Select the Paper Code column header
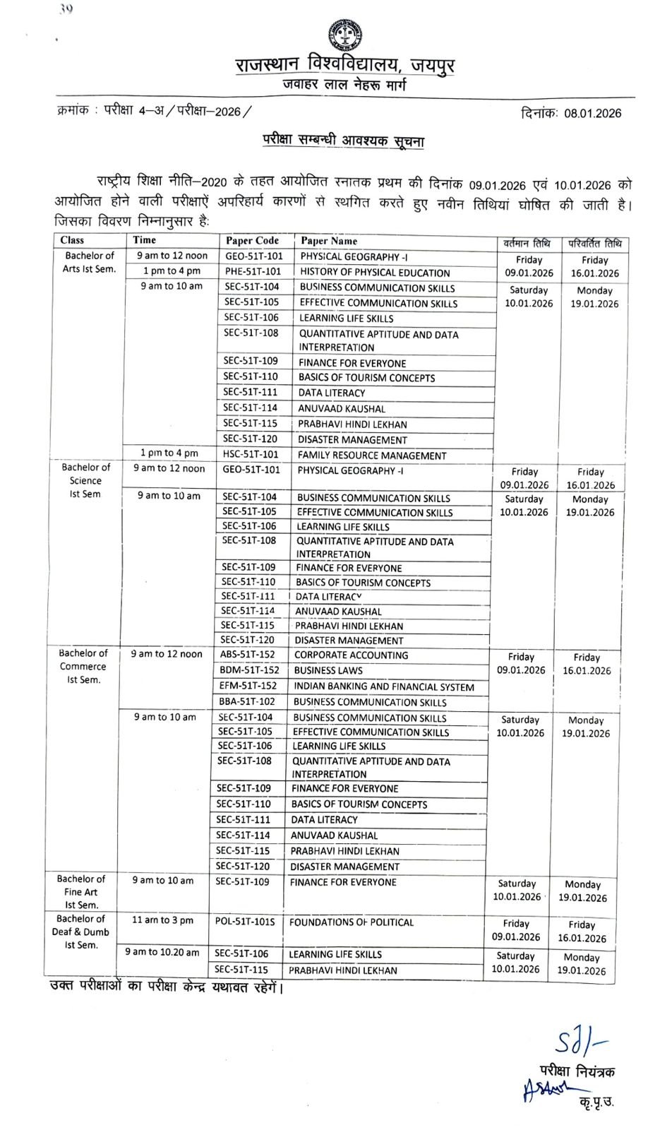pyautogui.click(x=253, y=241)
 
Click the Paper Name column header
pyautogui.click(x=329, y=241)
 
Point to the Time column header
pyautogui.click(x=145, y=240)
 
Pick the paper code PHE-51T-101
pyautogui.click(x=253, y=272)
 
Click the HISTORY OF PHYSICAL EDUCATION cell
pyautogui.click(x=375, y=273)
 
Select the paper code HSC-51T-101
pyautogui.click(x=251, y=454)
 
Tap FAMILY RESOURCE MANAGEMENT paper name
pyautogui.click(x=371, y=456)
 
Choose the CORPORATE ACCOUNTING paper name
pyautogui.click(x=351, y=655)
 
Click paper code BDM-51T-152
pyautogui.click(x=249, y=670)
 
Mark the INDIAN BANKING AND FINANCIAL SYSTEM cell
pyautogui.click(x=383, y=686)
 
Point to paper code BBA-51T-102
pyautogui.click(x=248, y=701)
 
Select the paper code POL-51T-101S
pyautogui.click(x=244, y=922)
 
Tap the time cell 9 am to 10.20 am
pyautogui.click(x=162, y=953)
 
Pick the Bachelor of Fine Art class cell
pyautogui.click(x=81, y=892)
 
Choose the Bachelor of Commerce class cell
pyautogui.click(x=83, y=667)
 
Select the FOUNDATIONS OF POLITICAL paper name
pyautogui.click(x=351, y=922)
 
